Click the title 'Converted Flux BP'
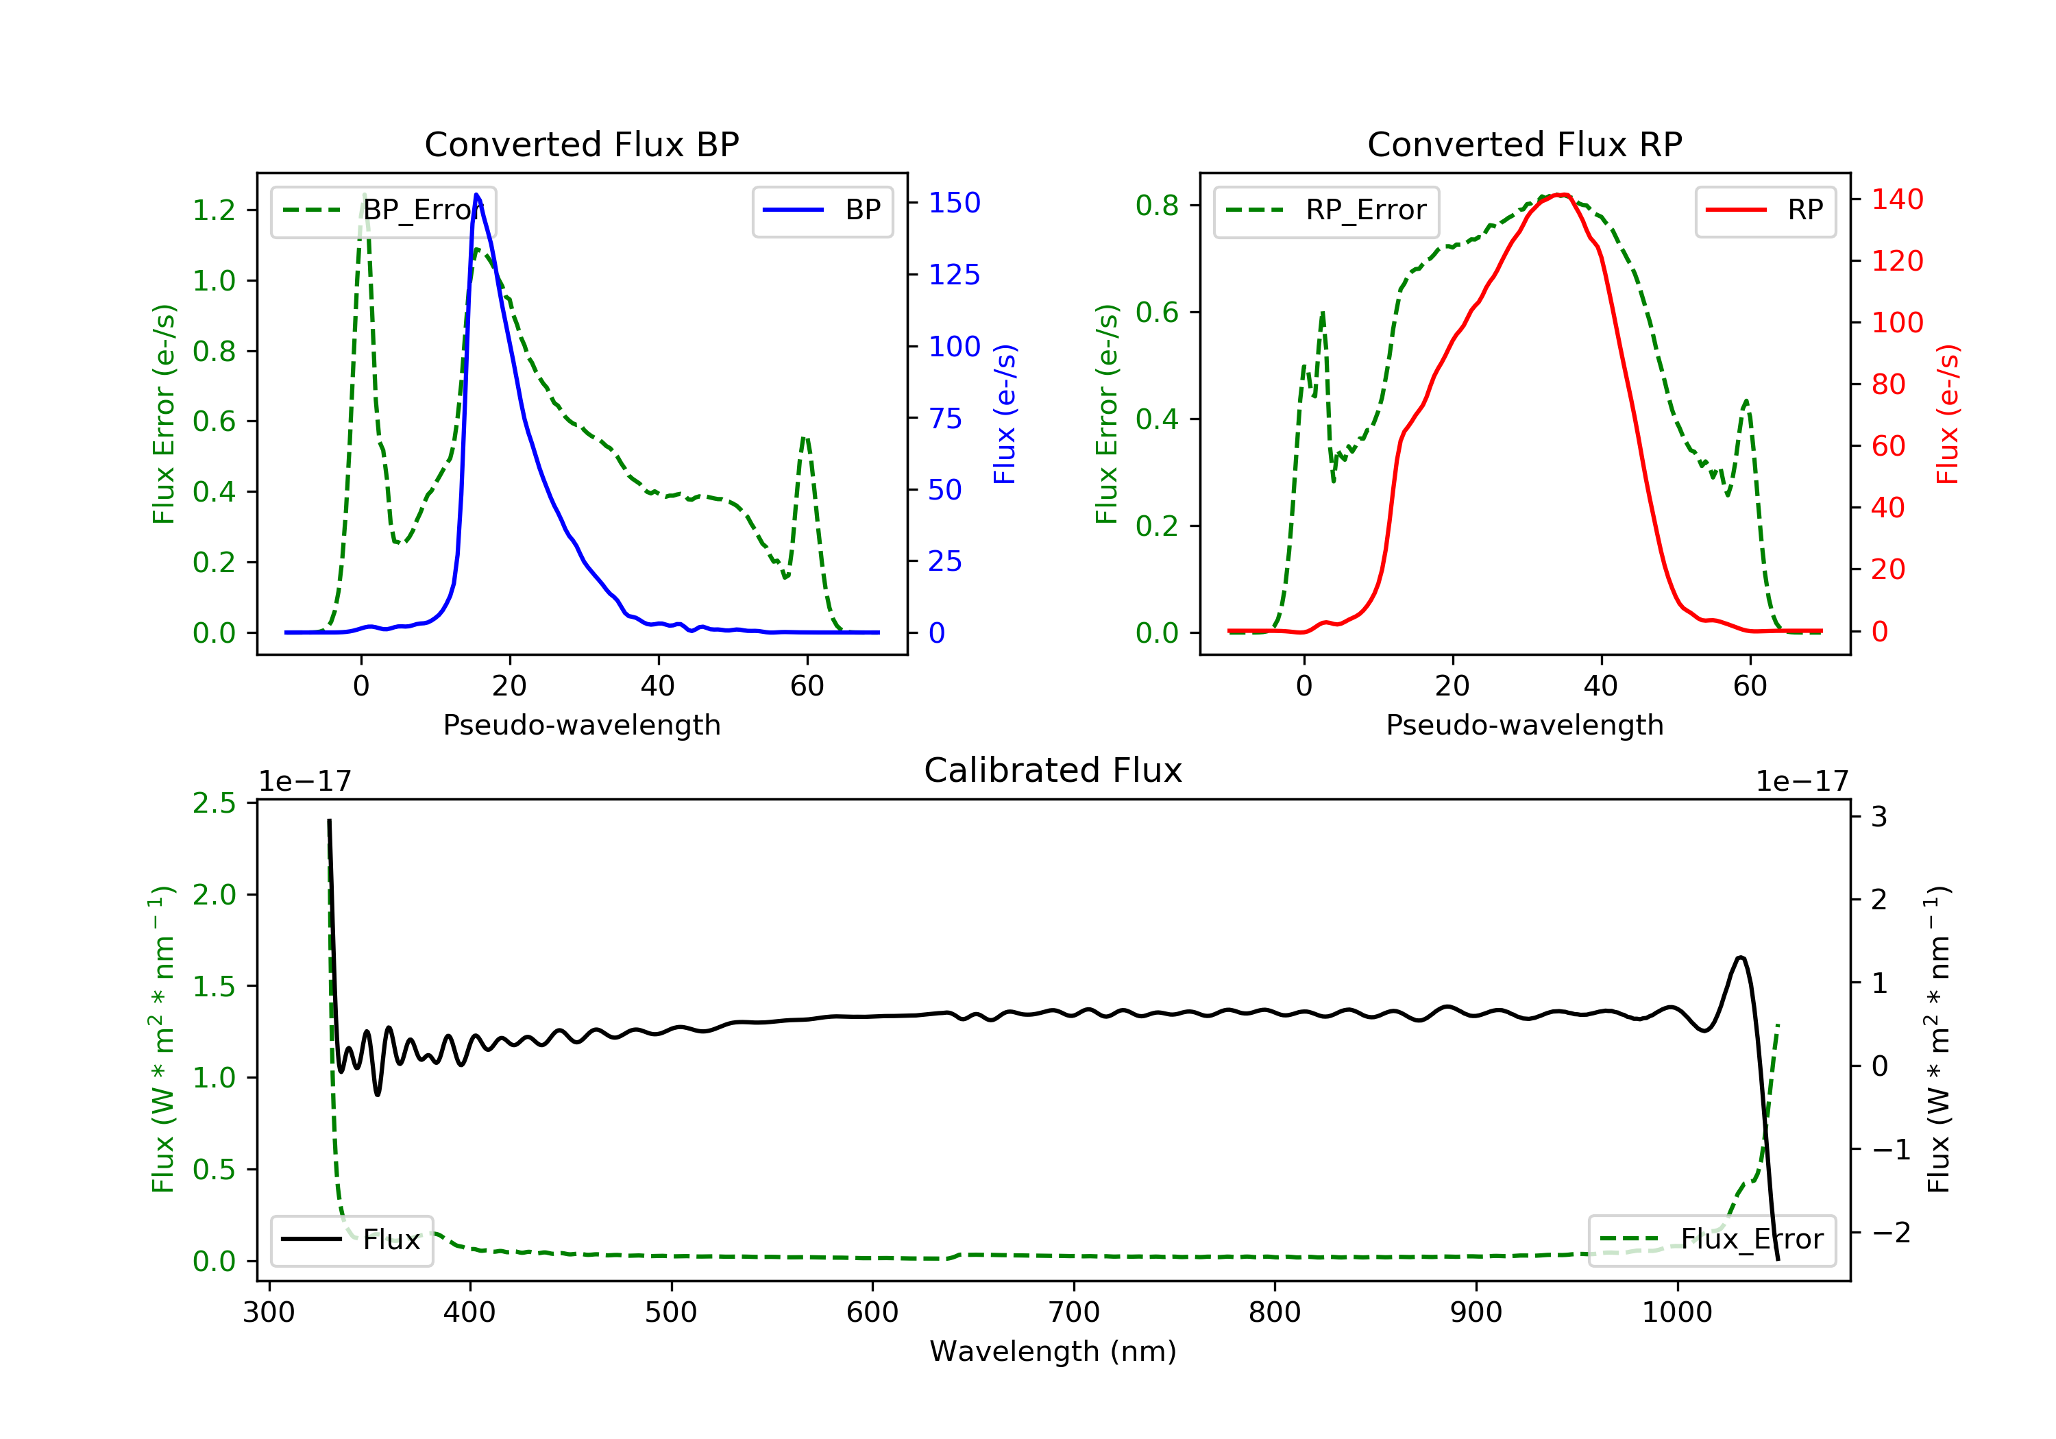(582, 144)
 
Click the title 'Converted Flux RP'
(1525, 144)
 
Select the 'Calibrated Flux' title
(1053, 770)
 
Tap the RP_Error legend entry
(1326, 210)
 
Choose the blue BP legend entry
(823, 210)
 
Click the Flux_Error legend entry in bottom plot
(1712, 1240)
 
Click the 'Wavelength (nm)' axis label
(1053, 1351)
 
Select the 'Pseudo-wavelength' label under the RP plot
(1525, 724)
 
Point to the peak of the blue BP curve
(476, 195)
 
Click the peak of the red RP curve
(1561, 195)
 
